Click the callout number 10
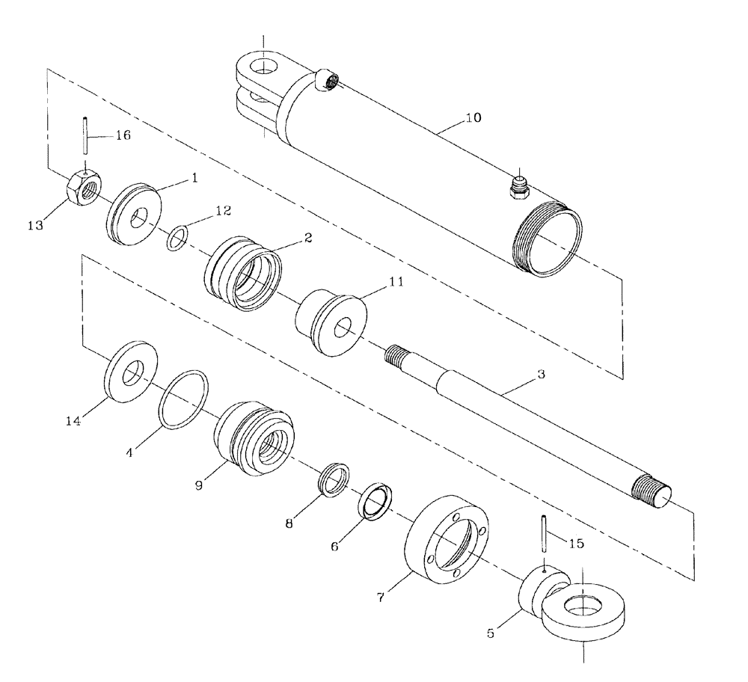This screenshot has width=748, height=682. [x=473, y=117]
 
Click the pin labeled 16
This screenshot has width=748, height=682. [x=87, y=142]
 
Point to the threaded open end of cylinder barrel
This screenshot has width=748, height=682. [x=548, y=242]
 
